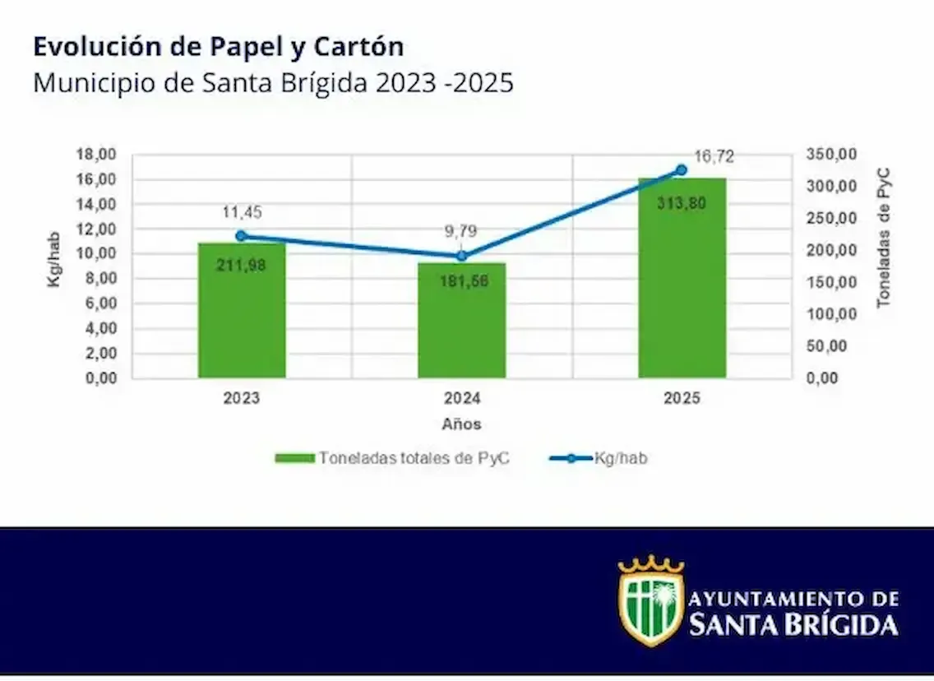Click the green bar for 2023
coord(241,313)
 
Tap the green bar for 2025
coord(682,280)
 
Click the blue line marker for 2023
coord(241,236)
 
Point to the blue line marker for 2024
coord(461,256)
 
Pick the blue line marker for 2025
coord(681,170)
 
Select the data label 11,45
coord(241,213)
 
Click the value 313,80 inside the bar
coord(682,204)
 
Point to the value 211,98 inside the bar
coord(241,265)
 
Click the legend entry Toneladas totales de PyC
coord(392,458)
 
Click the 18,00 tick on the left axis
coord(97,155)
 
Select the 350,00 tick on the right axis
coord(830,155)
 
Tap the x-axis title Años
coord(461,424)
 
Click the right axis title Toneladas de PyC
coord(884,238)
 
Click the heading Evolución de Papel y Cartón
coord(218,47)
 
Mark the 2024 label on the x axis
coord(461,399)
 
